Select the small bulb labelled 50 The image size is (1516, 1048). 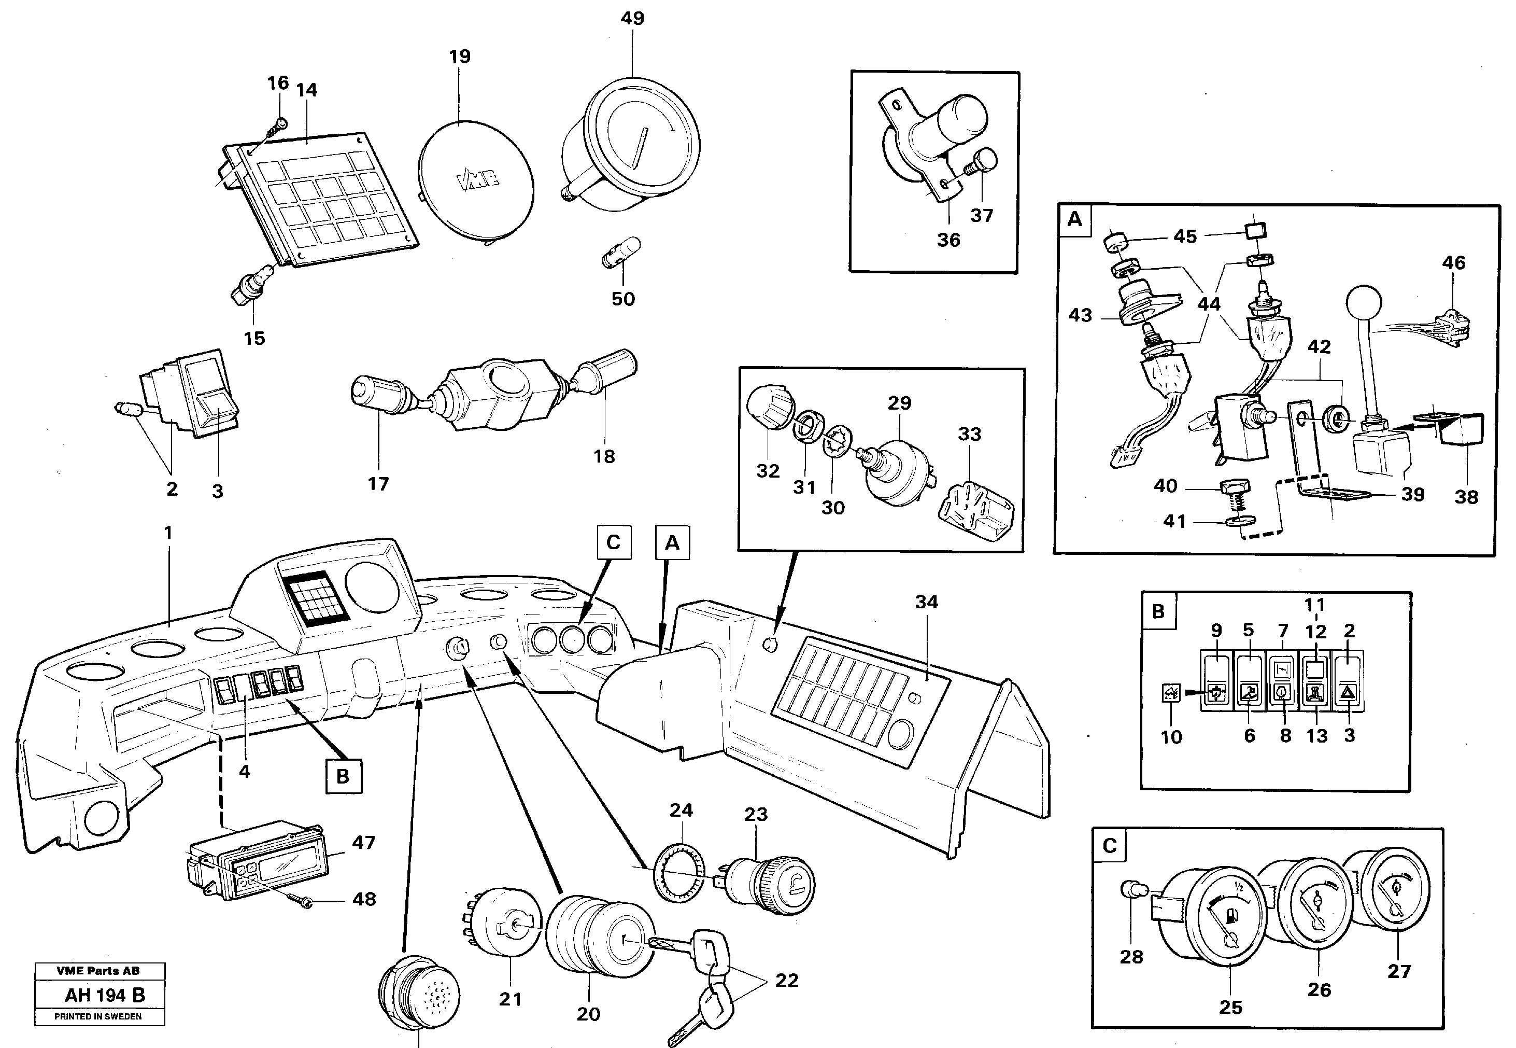tap(621, 254)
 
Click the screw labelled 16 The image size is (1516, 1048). tap(280, 124)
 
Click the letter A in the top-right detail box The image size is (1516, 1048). tap(1074, 219)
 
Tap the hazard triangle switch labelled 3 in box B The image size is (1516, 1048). tap(1349, 693)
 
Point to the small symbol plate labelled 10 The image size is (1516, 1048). tap(1171, 693)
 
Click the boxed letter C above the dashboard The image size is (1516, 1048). tap(614, 542)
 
